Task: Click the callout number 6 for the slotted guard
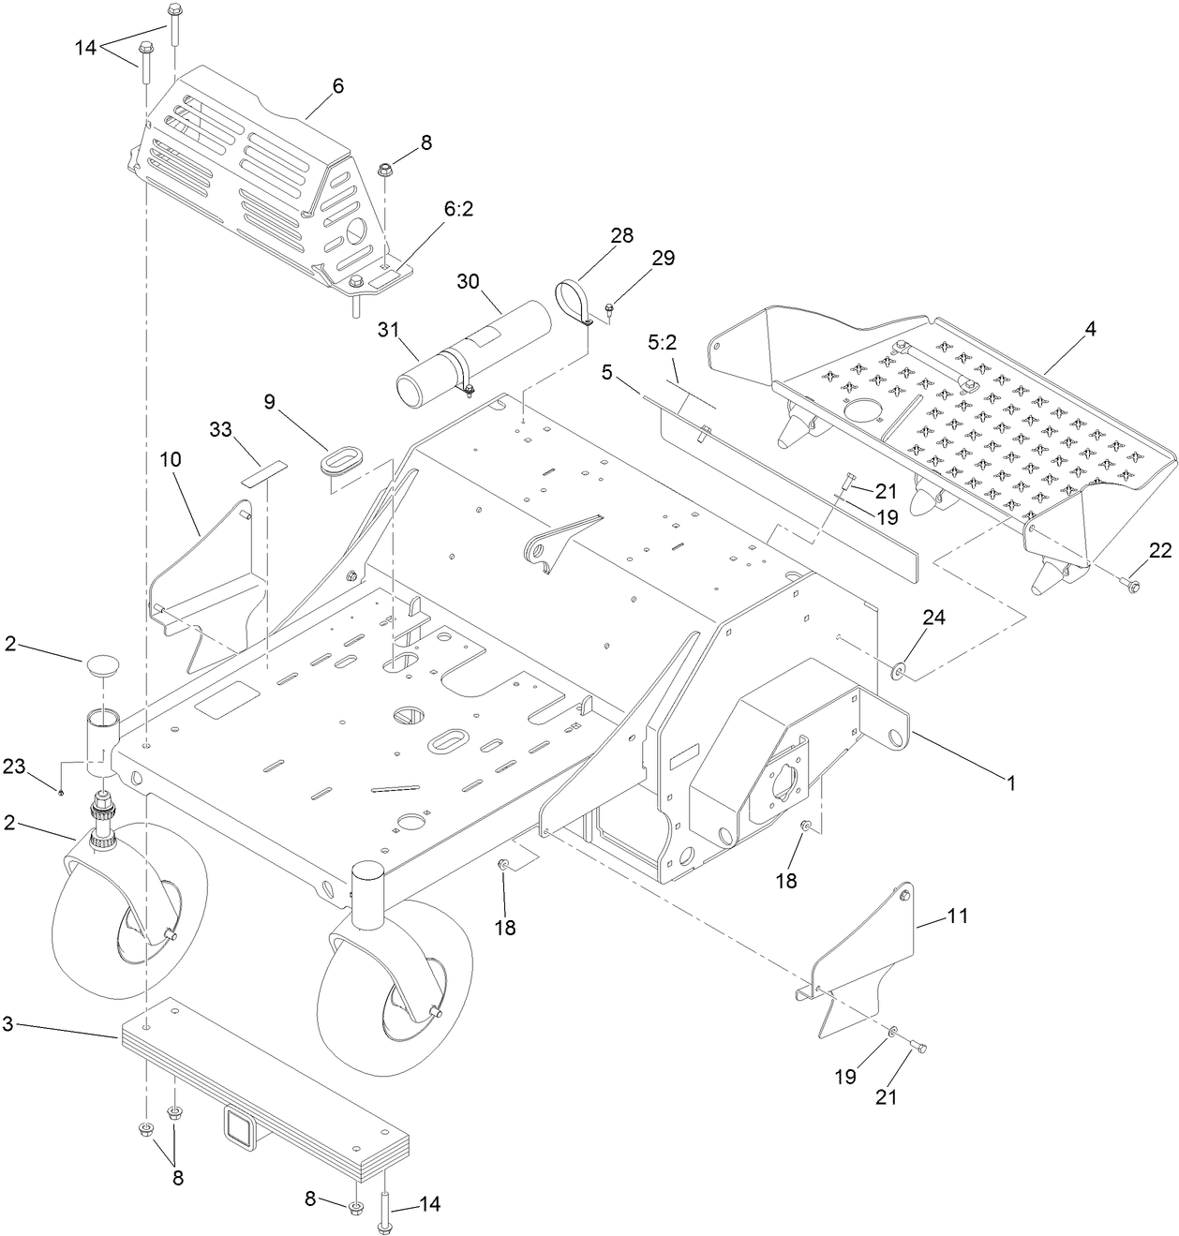(337, 86)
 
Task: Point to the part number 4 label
(1089, 333)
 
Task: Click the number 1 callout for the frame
(1010, 781)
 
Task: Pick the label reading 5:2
(662, 343)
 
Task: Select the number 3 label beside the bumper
(7, 1024)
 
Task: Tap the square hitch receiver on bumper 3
(235, 1124)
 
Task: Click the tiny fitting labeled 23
(61, 793)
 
